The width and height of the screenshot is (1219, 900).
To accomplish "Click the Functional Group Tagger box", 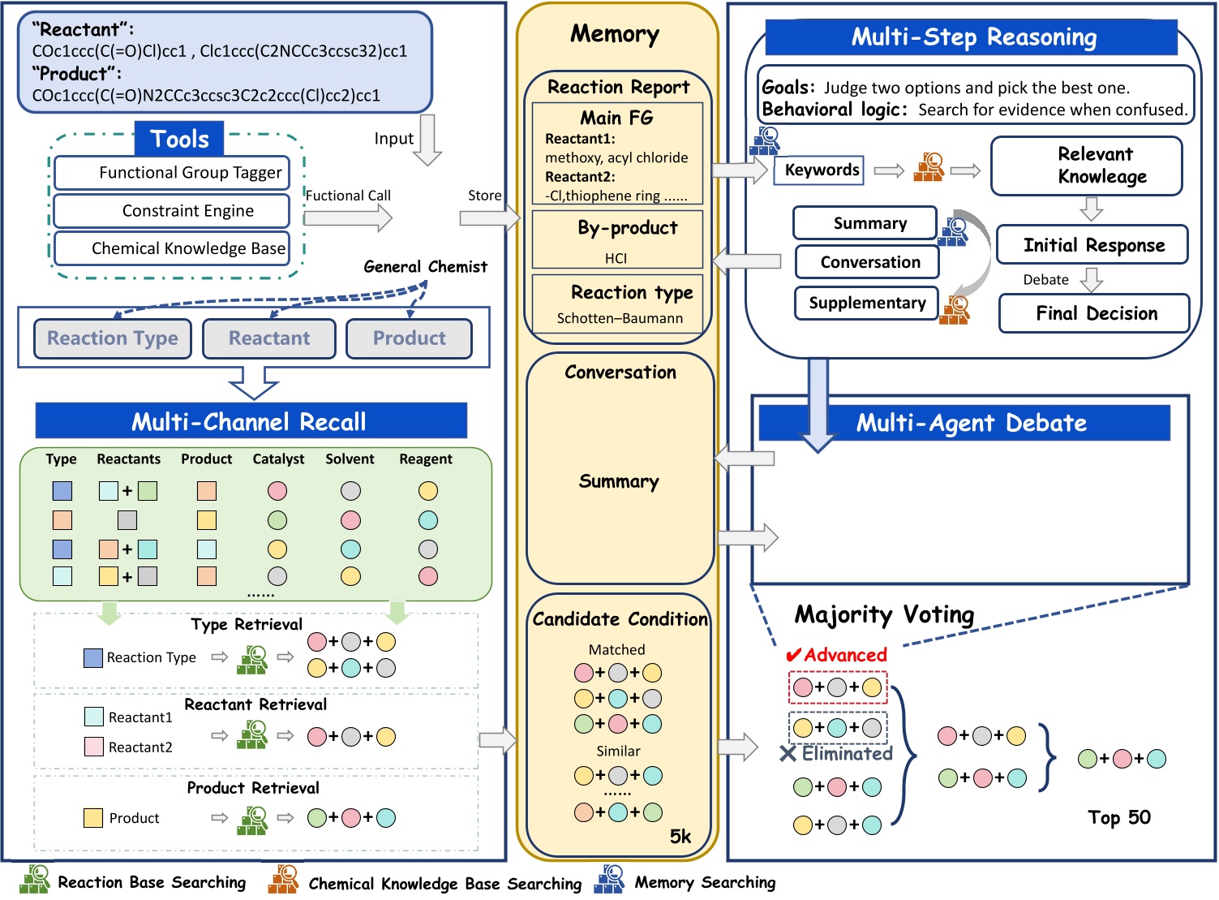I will (172, 173).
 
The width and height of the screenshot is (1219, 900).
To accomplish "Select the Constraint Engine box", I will (172, 211).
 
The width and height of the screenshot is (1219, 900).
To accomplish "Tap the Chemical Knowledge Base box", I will (172, 248).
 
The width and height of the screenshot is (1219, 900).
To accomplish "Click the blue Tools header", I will (179, 140).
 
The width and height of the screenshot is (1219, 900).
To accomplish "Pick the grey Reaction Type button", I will (113, 338).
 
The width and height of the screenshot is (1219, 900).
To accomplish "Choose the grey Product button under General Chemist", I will (409, 338).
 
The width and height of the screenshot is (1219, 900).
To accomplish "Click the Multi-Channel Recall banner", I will (251, 422).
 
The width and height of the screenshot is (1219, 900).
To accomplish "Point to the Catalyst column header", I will (278, 459).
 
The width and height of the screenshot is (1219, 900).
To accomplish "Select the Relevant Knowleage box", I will (1086, 166).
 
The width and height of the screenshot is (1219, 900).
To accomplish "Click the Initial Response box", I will (1092, 245).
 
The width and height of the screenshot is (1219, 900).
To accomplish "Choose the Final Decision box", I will (1094, 314).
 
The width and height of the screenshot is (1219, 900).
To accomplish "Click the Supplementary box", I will (866, 304).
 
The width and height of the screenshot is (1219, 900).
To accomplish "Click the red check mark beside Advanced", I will (793, 655).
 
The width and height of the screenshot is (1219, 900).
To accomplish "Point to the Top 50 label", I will (1119, 817).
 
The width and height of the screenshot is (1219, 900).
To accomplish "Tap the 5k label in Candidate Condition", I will (680, 837).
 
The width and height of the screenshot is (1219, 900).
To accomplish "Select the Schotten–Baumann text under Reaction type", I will (620, 319).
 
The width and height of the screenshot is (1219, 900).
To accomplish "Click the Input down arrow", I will (427, 140).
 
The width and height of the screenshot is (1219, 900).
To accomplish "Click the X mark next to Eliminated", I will (787, 754).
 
